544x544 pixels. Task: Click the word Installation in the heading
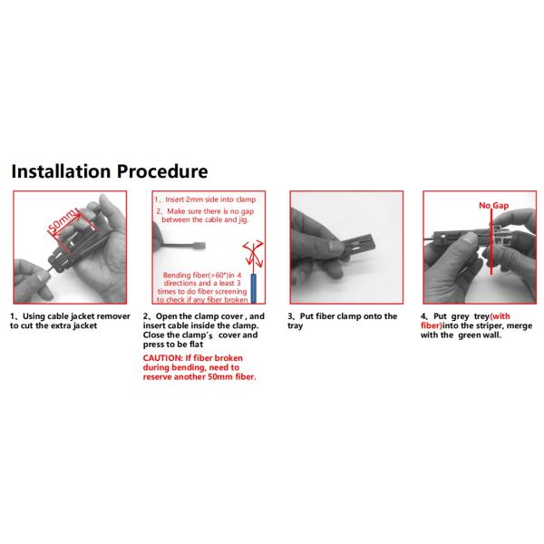(61, 171)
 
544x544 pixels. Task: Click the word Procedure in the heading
(162, 171)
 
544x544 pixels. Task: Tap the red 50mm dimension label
(62, 220)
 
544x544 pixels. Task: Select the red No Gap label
(494, 206)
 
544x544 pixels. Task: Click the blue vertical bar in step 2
(254, 288)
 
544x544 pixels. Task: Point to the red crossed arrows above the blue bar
(254, 255)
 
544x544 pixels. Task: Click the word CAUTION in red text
(162, 358)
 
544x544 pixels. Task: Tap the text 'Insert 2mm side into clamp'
(210, 199)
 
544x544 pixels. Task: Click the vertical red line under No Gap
(491, 242)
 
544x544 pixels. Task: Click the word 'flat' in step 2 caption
(196, 345)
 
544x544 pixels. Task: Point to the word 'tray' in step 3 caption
(296, 326)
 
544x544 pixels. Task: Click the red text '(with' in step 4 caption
(500, 316)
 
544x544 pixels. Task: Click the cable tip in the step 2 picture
(201, 246)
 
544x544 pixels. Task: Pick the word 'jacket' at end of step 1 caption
(85, 325)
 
